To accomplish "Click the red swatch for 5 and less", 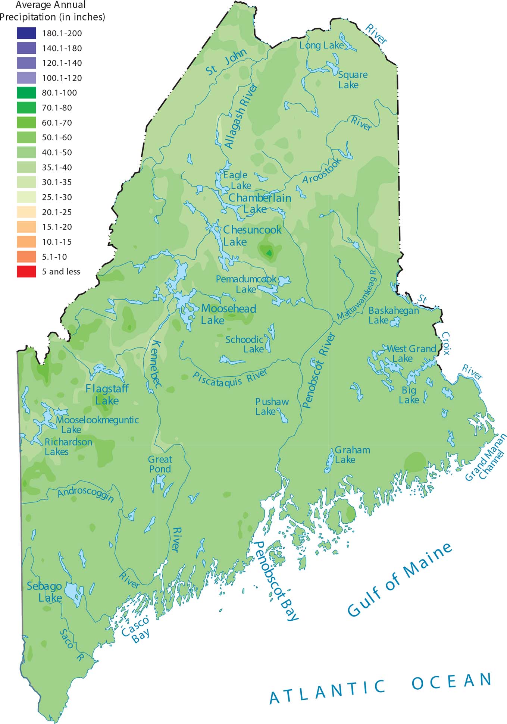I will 26,272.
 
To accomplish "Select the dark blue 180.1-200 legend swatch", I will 26,33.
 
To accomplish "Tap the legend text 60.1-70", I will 57,123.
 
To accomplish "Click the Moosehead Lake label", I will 228,314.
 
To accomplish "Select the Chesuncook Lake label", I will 251,235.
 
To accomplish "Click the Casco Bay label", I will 136,629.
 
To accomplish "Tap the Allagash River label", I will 241,116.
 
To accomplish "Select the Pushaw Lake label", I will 272,407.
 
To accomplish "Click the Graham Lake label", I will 352,455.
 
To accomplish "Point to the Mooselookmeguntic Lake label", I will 97,424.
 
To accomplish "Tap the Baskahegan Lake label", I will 393,315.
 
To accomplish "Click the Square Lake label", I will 352,80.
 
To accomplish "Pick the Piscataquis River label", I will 230,378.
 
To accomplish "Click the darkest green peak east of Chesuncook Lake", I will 269,253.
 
